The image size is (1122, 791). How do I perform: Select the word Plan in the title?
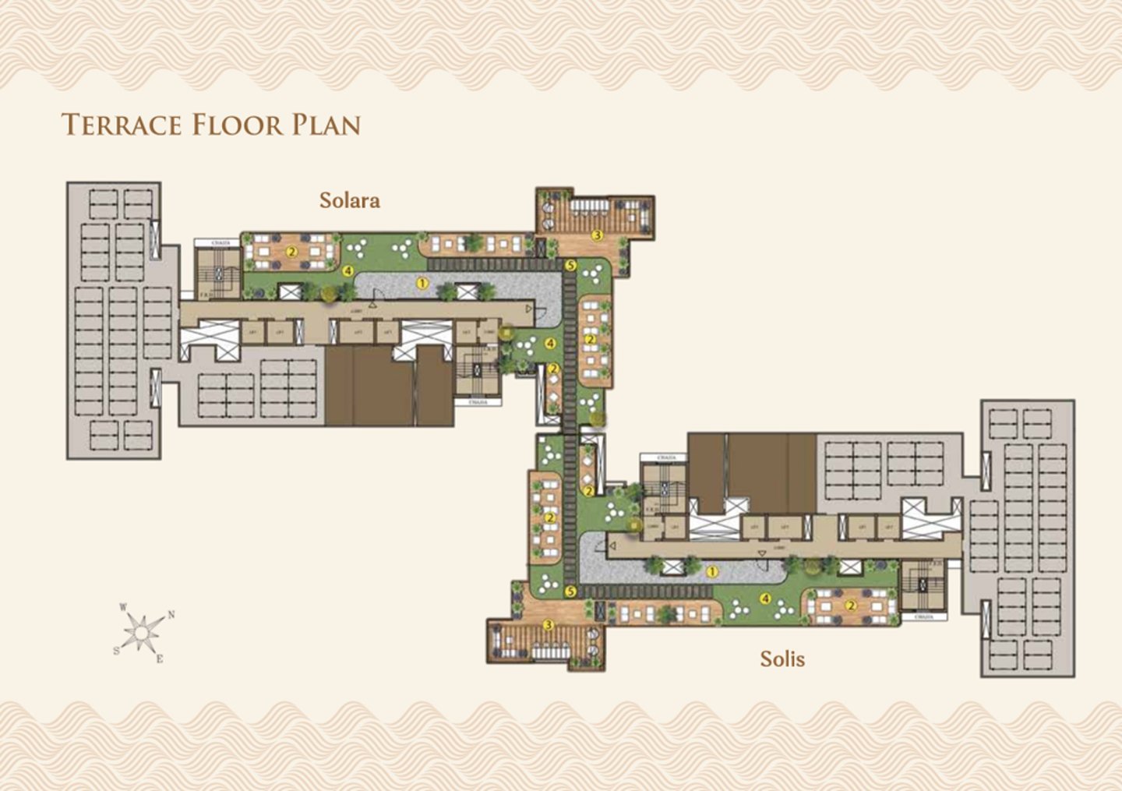(x=326, y=125)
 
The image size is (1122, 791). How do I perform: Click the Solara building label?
(x=350, y=200)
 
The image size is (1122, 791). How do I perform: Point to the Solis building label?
(x=782, y=659)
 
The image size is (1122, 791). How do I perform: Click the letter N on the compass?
(x=171, y=614)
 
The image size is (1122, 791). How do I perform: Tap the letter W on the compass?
(x=123, y=607)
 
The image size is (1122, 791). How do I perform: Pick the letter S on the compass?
(x=117, y=651)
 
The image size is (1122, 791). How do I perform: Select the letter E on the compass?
(x=160, y=659)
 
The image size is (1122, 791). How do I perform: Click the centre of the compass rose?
(x=143, y=631)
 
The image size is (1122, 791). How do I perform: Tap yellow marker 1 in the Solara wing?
(x=422, y=284)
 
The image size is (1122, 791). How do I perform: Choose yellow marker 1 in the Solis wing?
(x=711, y=572)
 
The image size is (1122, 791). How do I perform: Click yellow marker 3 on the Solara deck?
(x=598, y=235)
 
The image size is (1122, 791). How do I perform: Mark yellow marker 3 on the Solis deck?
(x=548, y=625)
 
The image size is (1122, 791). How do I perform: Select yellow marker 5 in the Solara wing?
(x=570, y=266)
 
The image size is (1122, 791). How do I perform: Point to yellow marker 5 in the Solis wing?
(x=570, y=592)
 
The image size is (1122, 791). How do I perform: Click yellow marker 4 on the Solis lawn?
(x=765, y=599)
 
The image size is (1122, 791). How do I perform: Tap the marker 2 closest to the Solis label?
(x=851, y=605)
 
